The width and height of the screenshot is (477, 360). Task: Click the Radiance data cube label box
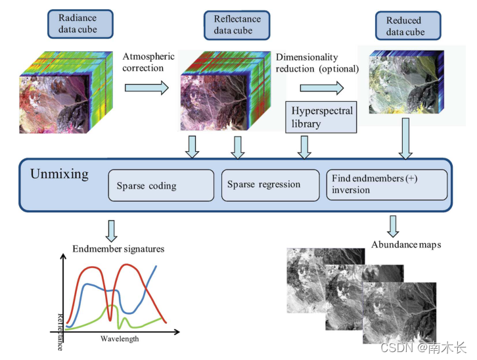(x=78, y=24)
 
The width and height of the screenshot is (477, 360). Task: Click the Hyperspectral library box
(x=321, y=117)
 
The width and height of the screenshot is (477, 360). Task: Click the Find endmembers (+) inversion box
(x=387, y=185)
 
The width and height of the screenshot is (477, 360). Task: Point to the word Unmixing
(x=59, y=174)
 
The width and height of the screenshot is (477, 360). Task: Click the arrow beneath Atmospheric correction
(x=147, y=87)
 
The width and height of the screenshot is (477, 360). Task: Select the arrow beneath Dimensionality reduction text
(x=321, y=87)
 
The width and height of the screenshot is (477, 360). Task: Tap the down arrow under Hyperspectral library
(x=304, y=146)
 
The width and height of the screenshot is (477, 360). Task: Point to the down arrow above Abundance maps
(x=394, y=225)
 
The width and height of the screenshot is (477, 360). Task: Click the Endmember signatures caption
(x=118, y=249)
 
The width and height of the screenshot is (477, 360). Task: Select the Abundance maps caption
(x=406, y=244)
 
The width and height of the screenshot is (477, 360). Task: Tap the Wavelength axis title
(x=120, y=339)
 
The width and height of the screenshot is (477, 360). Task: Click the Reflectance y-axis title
(x=60, y=326)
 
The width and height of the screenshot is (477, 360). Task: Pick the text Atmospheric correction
(x=148, y=61)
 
